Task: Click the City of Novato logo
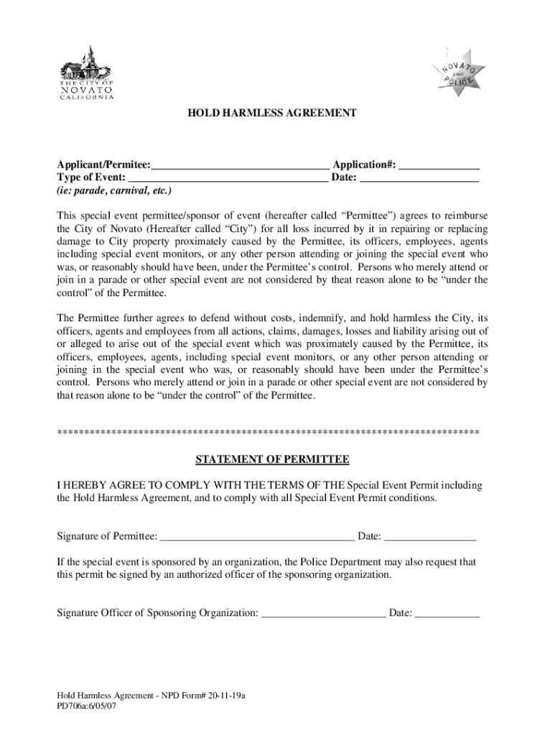tap(85, 74)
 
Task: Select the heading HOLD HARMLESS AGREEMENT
tap(272, 114)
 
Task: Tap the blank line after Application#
tap(439, 167)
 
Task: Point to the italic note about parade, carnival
tap(115, 192)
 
